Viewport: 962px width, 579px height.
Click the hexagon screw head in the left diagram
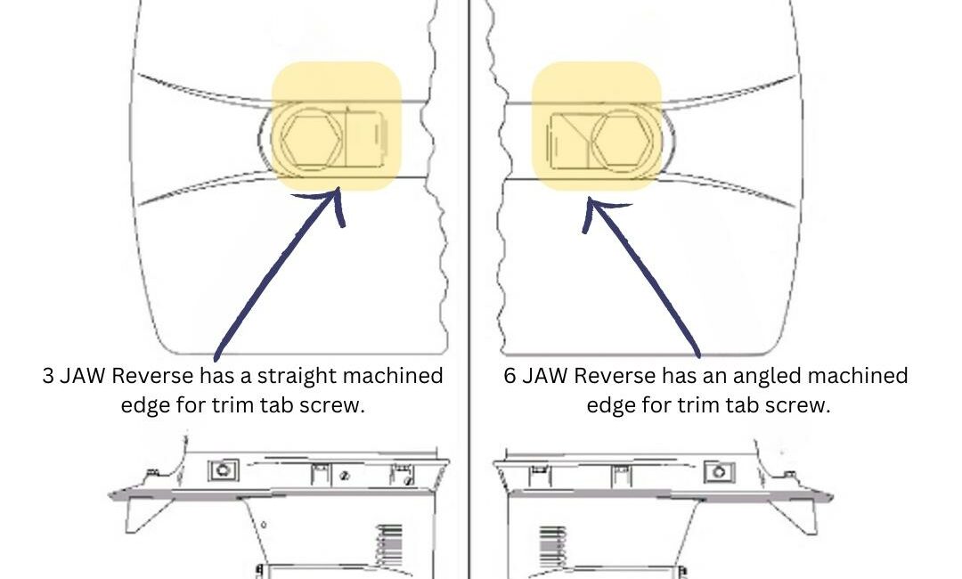(312, 141)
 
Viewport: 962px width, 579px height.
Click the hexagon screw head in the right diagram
(625, 141)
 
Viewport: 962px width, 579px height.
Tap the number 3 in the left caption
(48, 376)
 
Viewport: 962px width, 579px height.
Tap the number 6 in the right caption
(510, 376)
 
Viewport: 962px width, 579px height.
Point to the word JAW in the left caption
(84, 376)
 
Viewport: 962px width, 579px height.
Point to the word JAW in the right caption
(545, 376)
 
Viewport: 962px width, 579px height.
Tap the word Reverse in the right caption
(610, 376)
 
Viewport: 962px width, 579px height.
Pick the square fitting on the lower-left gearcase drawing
(224, 469)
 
